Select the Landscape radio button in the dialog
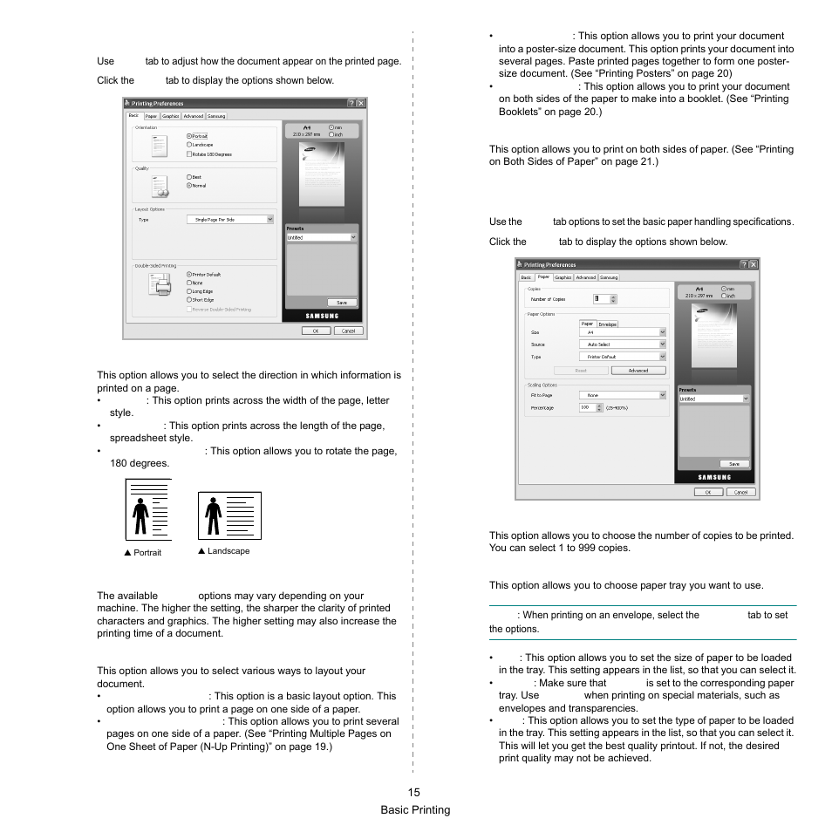(188, 145)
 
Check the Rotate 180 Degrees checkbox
(188, 154)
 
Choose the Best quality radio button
(188, 177)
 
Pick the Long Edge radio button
(188, 291)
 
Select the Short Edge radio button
(188, 299)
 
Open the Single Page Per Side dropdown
(230, 220)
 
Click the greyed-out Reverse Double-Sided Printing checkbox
(188, 309)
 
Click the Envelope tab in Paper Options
(608, 324)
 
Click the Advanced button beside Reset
(638, 371)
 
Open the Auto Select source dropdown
(622, 344)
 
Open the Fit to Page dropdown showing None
(622, 395)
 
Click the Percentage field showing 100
(589, 407)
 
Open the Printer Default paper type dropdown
(622, 357)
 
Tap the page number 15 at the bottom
(413, 793)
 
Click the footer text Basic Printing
(415, 810)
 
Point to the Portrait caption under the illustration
(145, 553)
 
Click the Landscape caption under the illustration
(225, 551)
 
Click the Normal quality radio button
(188, 186)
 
